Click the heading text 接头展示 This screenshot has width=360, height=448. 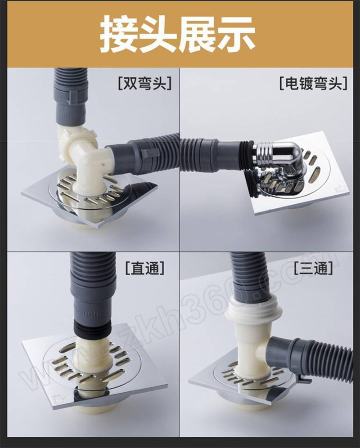(177, 34)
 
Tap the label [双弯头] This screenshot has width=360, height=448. (145, 83)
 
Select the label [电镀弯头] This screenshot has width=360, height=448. (313, 83)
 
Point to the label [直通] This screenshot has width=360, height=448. (145, 268)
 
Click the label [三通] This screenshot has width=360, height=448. (313, 268)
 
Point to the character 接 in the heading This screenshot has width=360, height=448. (120, 34)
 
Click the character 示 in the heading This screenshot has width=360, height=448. (236, 34)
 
